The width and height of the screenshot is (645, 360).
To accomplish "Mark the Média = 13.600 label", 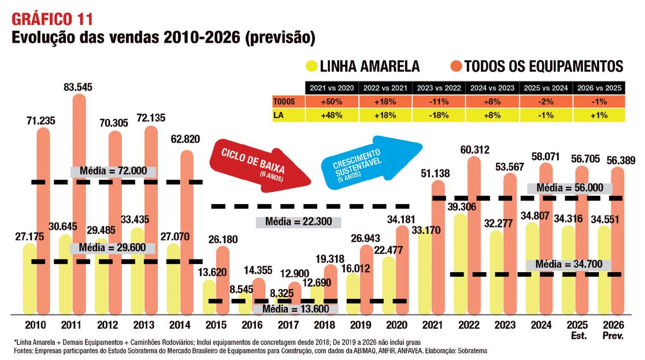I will click(x=288, y=309).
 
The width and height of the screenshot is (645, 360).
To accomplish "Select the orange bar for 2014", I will click(x=187, y=231).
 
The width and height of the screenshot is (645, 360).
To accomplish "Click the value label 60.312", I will click(x=475, y=150).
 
